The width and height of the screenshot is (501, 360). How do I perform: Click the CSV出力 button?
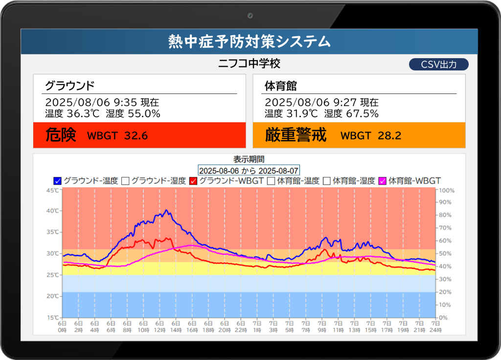pyautogui.click(x=438, y=65)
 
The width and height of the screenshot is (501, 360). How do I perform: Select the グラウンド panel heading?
pyautogui.click(x=69, y=86)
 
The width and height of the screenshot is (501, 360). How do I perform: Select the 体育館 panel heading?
pyautogui.click(x=280, y=86)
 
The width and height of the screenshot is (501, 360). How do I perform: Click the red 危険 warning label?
pyautogui.click(x=61, y=135)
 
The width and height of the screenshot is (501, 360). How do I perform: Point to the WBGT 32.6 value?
pyautogui.click(x=117, y=136)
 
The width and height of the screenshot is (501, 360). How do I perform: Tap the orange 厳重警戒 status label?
pyautogui.click(x=296, y=135)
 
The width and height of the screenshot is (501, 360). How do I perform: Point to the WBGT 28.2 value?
pyautogui.click(x=370, y=136)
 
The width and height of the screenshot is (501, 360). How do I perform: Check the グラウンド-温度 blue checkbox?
pyautogui.click(x=58, y=181)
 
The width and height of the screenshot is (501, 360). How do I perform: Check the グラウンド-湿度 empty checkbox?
pyautogui.click(x=125, y=181)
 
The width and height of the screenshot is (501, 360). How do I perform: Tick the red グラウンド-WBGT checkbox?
pyautogui.click(x=193, y=181)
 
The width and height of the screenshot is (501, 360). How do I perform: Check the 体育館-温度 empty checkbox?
pyautogui.click(x=271, y=181)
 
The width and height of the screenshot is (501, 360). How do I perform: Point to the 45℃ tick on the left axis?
pyautogui.click(x=53, y=190)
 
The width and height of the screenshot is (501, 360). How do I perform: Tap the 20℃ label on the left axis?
pyautogui.click(x=53, y=296)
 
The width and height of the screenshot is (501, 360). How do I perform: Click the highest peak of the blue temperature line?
pyautogui.click(x=167, y=210)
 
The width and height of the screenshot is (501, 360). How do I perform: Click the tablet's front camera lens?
pyautogui.click(x=250, y=16)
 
